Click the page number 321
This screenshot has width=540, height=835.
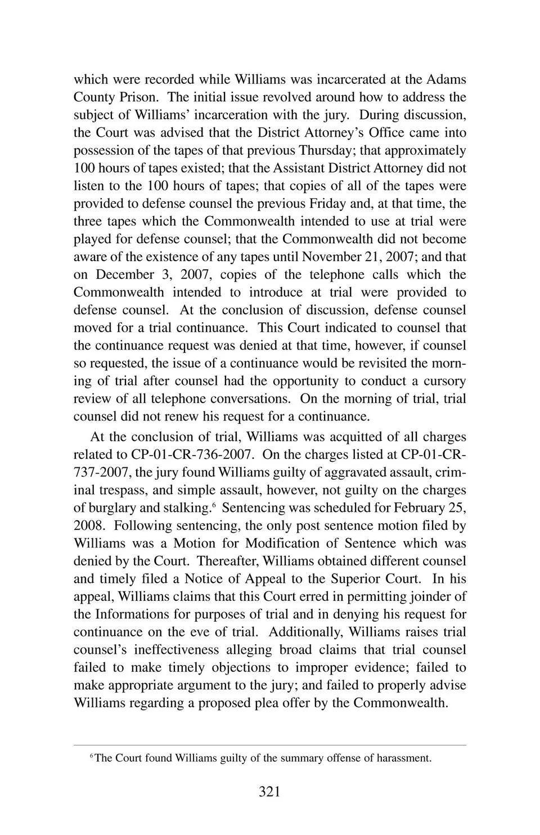[x=269, y=792]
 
